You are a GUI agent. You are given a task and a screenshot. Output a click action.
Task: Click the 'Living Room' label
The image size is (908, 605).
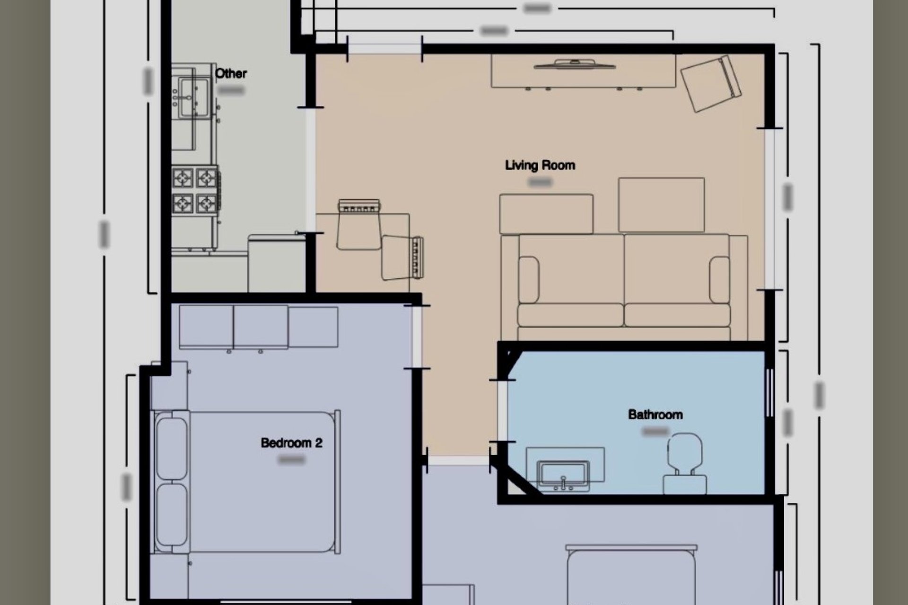[x=540, y=165]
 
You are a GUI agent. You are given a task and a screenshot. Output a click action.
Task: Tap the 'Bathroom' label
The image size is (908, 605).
[x=655, y=415]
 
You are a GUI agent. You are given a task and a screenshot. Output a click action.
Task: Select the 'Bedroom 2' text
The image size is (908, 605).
[x=291, y=443]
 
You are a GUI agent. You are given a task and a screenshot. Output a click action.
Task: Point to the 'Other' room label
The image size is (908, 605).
[x=231, y=74]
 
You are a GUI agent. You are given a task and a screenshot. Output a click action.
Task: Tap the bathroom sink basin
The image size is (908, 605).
[x=564, y=474]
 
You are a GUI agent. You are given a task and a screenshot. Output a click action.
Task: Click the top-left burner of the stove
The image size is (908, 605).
[x=183, y=178]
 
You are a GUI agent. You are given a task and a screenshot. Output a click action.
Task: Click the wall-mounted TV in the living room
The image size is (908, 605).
[x=575, y=64]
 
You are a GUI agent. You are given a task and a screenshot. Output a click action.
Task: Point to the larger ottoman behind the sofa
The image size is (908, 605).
[x=661, y=205]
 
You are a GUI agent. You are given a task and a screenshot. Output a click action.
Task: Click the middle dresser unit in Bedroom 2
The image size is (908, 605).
[x=261, y=327]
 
